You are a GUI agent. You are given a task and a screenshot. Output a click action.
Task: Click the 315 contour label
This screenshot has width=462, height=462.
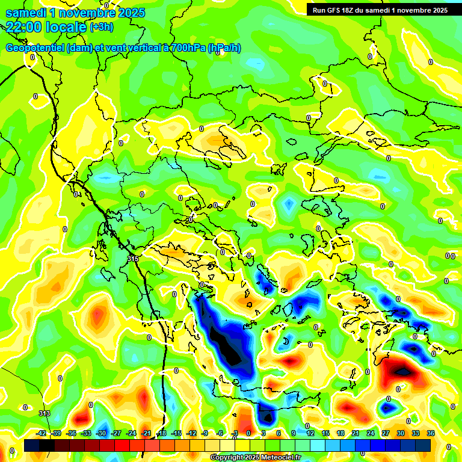133,259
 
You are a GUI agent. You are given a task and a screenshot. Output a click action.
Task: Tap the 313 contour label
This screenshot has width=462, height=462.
44,413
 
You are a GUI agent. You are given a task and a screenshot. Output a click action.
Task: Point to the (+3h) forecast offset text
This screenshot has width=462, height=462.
101,26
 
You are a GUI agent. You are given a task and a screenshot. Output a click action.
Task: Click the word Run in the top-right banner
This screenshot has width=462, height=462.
319,10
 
